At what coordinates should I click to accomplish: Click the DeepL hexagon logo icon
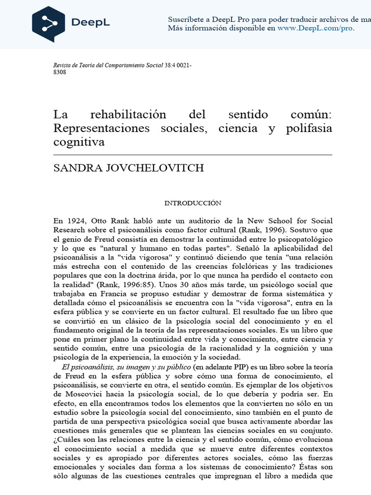pos(49,24)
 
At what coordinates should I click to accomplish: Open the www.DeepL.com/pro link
pos(315,28)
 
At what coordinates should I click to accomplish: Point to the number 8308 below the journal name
pos(59,72)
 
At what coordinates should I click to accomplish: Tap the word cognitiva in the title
pos(79,143)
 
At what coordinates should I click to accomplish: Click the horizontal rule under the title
pos(193,155)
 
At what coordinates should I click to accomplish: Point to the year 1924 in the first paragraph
pos(75,220)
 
